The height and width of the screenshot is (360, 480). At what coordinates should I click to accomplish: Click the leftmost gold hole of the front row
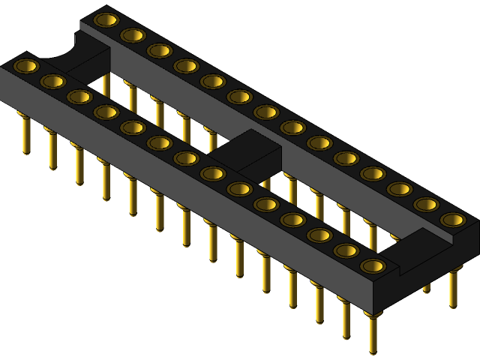[x=26, y=66]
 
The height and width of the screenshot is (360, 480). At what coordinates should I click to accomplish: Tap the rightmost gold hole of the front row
[x=373, y=265]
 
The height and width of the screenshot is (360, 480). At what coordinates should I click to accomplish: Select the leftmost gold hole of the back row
[x=106, y=19]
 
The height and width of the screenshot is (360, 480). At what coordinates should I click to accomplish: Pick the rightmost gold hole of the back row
[x=453, y=220]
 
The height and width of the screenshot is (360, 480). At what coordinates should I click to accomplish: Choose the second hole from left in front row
[x=52, y=81]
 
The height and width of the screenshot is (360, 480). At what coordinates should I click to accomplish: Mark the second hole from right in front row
[x=346, y=250]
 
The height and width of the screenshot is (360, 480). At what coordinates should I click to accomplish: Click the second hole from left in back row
[x=133, y=34]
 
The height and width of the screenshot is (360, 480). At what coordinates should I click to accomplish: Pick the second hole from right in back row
[x=426, y=204]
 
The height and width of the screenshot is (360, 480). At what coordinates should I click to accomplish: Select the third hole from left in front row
[x=79, y=97]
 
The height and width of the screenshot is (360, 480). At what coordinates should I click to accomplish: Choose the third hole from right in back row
[x=399, y=189]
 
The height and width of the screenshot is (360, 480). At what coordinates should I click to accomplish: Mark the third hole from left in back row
[x=159, y=50]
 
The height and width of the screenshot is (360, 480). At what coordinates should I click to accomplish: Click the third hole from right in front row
[x=319, y=235]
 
